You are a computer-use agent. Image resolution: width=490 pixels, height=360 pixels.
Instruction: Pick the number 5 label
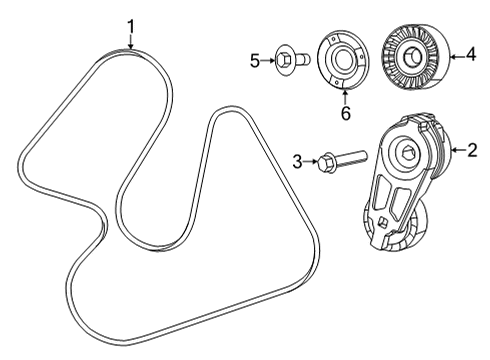pyautogui.click(x=255, y=62)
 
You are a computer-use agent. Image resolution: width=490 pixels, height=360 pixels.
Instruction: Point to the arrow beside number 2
pyautogui.click(x=452, y=150)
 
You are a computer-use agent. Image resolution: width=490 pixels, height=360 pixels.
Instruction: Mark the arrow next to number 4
pyautogui.click(x=455, y=57)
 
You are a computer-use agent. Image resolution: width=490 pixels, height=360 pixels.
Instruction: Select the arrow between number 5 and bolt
pyautogui.click(x=267, y=62)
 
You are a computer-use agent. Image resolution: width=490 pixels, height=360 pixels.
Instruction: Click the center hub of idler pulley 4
pyautogui.click(x=410, y=59)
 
